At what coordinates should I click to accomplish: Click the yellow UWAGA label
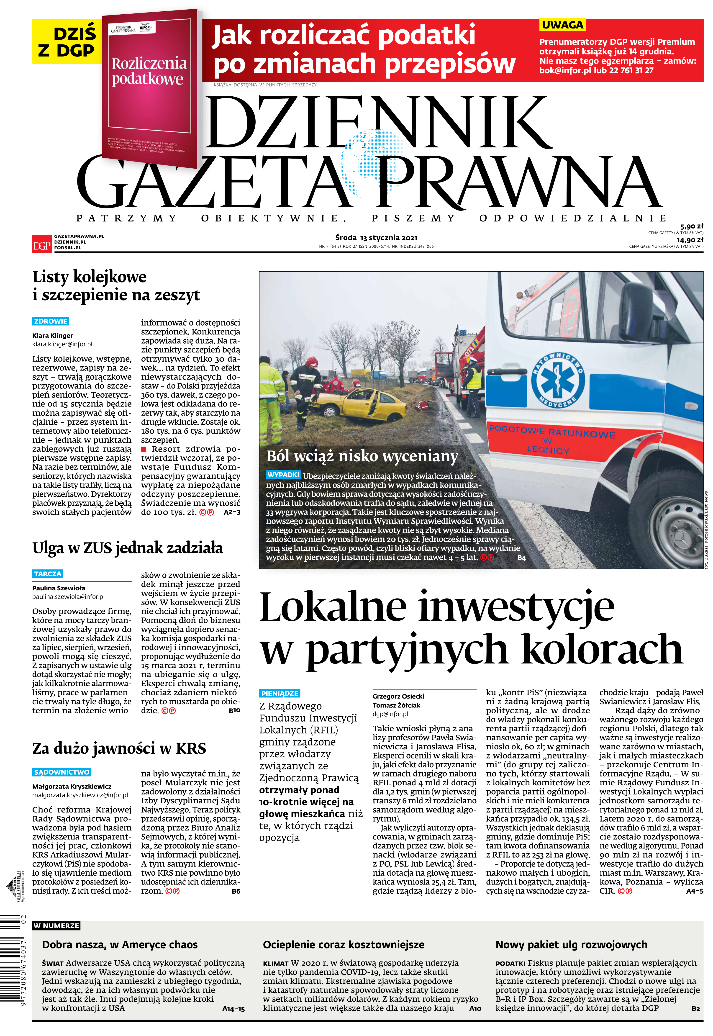pos(562,26)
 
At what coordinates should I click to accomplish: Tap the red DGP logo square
pos(41,244)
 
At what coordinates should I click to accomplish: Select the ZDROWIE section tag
pos(51,321)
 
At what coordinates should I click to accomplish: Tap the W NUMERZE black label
pos(56,926)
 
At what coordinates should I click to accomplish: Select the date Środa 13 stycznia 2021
pos(376,238)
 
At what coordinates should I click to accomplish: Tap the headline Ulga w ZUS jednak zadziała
pos(127,548)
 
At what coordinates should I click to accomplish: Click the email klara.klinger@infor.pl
pos(62,344)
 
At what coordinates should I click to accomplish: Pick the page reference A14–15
pos(233,1008)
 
